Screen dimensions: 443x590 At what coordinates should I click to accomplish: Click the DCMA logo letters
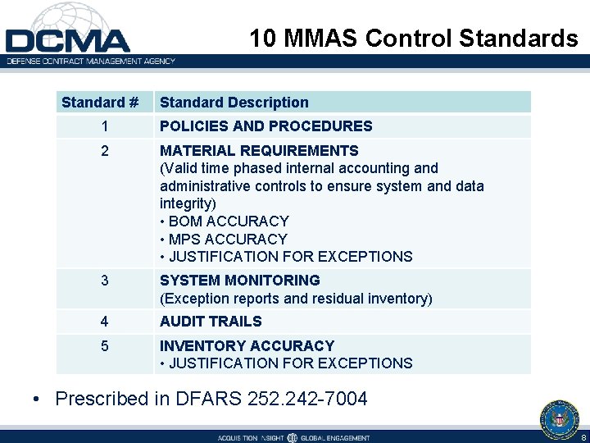[x=67, y=39]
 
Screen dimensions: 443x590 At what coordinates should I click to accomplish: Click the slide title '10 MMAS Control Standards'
[x=414, y=39]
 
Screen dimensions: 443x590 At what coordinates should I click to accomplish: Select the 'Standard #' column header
[x=100, y=103]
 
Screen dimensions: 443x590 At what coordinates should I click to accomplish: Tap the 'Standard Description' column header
[x=234, y=103]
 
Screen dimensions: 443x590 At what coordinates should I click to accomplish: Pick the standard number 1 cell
[x=104, y=126]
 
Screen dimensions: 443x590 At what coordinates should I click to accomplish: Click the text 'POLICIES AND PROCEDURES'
[x=265, y=126]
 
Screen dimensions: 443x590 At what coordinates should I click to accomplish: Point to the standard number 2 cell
[x=104, y=151]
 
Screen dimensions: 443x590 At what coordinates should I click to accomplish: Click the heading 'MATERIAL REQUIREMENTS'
[x=259, y=151]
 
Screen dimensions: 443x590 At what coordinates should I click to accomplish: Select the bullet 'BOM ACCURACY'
[x=228, y=221]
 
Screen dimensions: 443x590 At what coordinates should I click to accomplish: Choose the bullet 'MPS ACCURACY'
[x=227, y=240]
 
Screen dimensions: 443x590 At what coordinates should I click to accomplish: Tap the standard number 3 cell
[x=104, y=281]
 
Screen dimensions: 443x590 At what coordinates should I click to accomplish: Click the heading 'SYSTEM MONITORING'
[x=239, y=281]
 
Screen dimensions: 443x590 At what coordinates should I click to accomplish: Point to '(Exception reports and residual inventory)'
[x=296, y=299]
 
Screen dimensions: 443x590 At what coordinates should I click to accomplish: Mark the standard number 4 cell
[x=104, y=322]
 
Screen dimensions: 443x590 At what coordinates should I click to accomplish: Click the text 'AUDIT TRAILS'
[x=211, y=322]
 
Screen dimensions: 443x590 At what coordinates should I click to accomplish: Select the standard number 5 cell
[x=104, y=346]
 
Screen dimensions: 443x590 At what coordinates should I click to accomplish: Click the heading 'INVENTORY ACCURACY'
[x=247, y=346]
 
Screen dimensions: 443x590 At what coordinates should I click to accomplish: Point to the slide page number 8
[x=583, y=437]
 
